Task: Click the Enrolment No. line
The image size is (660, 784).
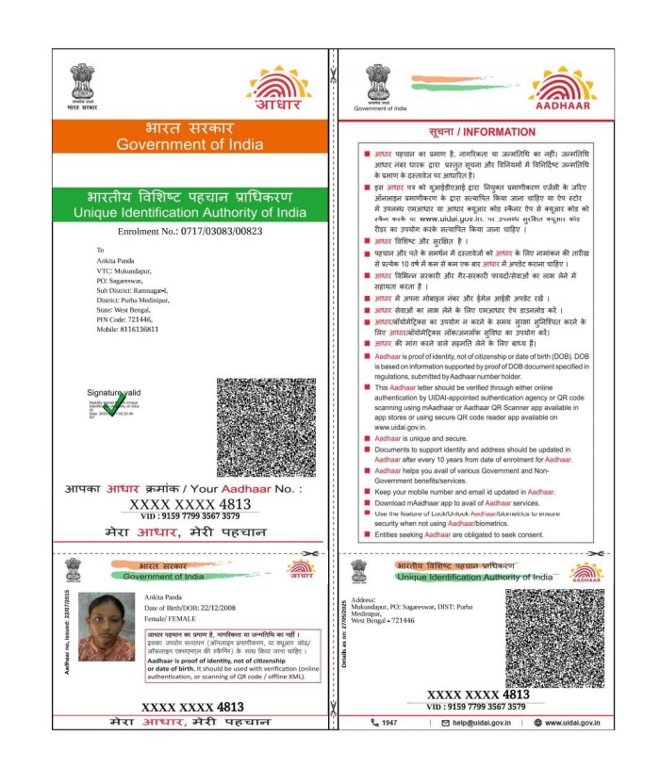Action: [189, 231]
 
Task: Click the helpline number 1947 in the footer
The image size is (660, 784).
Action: [388, 723]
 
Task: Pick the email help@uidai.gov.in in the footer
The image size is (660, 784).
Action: [475, 723]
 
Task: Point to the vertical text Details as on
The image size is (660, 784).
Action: [347, 625]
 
